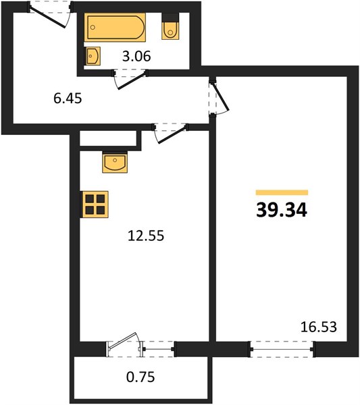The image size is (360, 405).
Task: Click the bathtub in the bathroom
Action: click(115, 28)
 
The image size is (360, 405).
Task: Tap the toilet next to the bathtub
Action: click(170, 31)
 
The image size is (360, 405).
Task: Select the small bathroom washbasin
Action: click(93, 56)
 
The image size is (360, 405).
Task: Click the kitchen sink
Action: click(115, 163)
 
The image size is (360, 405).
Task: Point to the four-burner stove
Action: click(95, 204)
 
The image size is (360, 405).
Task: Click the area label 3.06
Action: click(136, 56)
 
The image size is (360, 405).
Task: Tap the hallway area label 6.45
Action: click(68, 99)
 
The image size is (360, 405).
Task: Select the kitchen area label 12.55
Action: click(146, 236)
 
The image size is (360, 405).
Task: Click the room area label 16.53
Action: click(319, 327)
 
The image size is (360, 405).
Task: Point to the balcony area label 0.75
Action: click(140, 377)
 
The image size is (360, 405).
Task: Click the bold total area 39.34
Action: click(282, 210)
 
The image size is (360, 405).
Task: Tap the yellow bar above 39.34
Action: click(282, 192)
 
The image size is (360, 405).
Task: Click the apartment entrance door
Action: click(49, 15)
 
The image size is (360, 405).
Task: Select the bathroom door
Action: click(130, 79)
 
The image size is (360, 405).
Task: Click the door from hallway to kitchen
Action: click(171, 133)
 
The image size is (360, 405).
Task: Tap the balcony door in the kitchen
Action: click(124, 345)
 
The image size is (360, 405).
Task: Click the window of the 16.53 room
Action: click(282, 350)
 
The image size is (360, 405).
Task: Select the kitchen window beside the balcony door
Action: click(159, 349)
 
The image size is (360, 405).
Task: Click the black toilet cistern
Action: click(170, 18)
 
